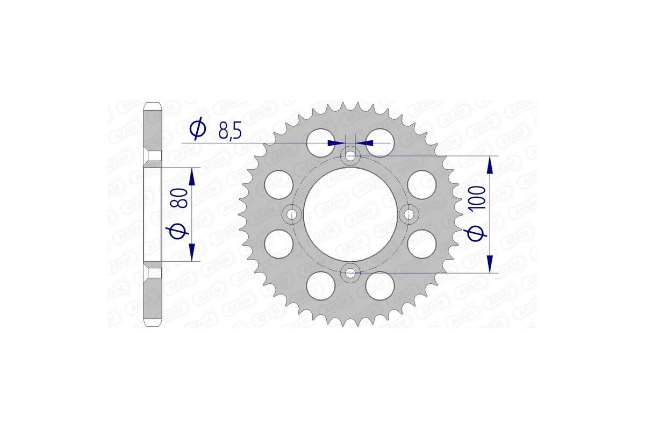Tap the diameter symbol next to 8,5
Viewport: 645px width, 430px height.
coord(198,129)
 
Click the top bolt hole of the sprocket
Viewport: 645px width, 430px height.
coord(350,156)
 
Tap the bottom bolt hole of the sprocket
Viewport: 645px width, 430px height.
coord(350,273)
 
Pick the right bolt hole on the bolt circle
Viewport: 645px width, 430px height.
coord(409,214)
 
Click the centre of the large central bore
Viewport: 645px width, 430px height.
coord(350,214)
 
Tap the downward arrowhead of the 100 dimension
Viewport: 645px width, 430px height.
coord(490,264)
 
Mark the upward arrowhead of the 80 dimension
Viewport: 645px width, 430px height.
coord(192,176)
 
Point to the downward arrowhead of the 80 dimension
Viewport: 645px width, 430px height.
coord(192,252)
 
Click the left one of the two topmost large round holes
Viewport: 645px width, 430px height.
coord(320,141)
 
